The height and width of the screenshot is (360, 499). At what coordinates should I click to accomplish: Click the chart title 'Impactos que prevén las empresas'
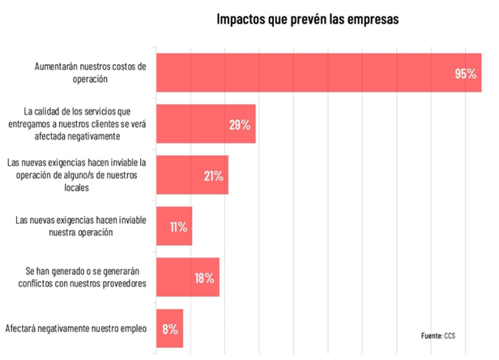(307, 19)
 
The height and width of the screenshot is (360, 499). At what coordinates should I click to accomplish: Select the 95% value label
(465, 74)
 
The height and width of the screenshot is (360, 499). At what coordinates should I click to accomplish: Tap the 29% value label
(239, 125)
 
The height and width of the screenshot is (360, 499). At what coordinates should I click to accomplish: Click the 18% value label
(203, 278)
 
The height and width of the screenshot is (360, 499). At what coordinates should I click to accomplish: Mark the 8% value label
(168, 329)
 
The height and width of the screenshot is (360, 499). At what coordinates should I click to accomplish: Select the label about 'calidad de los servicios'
(77, 124)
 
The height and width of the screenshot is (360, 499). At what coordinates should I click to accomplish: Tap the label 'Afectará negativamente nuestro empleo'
(75, 329)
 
